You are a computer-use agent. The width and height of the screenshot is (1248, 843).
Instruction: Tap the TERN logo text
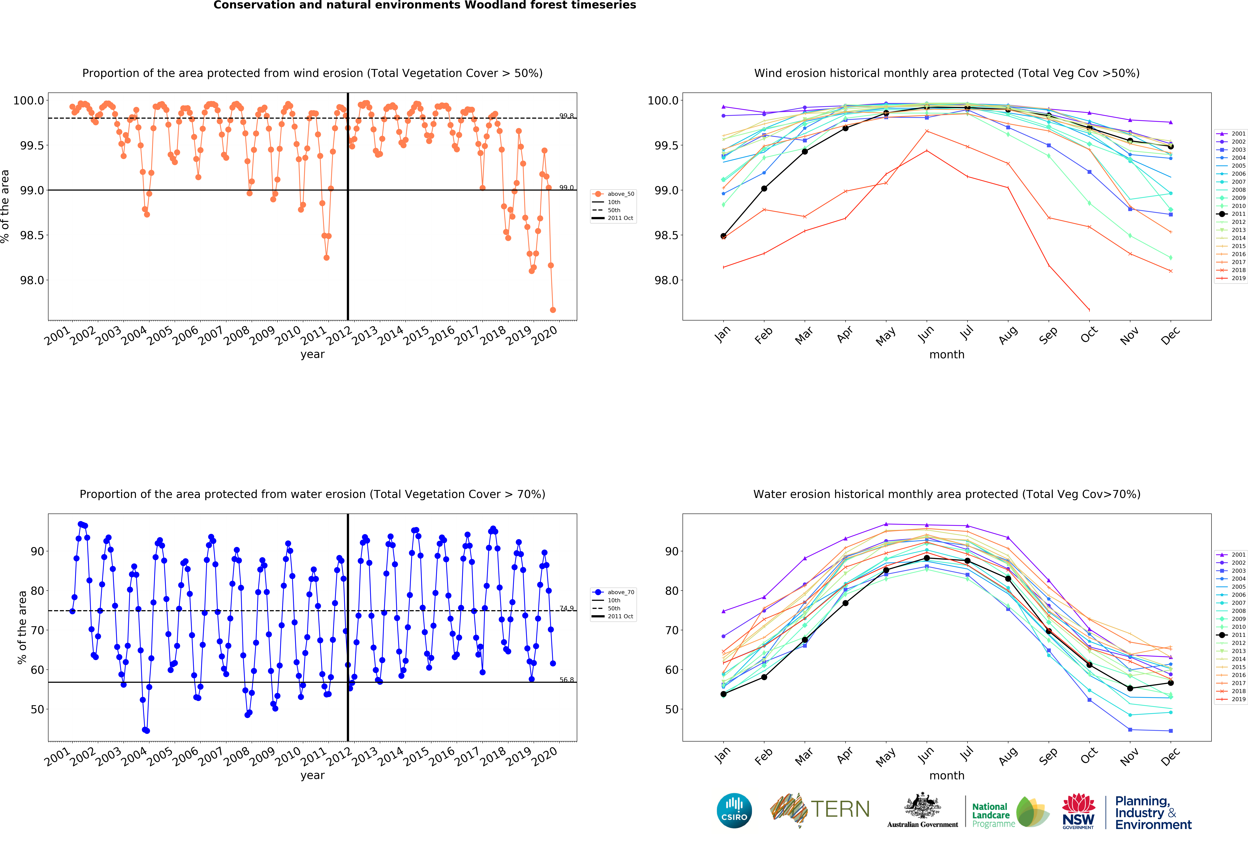point(840,809)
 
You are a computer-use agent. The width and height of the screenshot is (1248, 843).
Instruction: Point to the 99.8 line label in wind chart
point(566,116)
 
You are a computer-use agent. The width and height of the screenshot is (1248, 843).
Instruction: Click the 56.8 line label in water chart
point(566,680)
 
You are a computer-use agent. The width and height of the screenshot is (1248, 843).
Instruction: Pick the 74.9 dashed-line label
point(566,608)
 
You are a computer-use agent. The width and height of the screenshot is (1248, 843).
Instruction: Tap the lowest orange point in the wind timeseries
point(553,310)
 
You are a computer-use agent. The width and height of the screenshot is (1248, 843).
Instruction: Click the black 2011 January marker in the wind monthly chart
point(723,236)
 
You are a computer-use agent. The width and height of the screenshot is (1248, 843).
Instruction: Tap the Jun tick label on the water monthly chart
point(925,756)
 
